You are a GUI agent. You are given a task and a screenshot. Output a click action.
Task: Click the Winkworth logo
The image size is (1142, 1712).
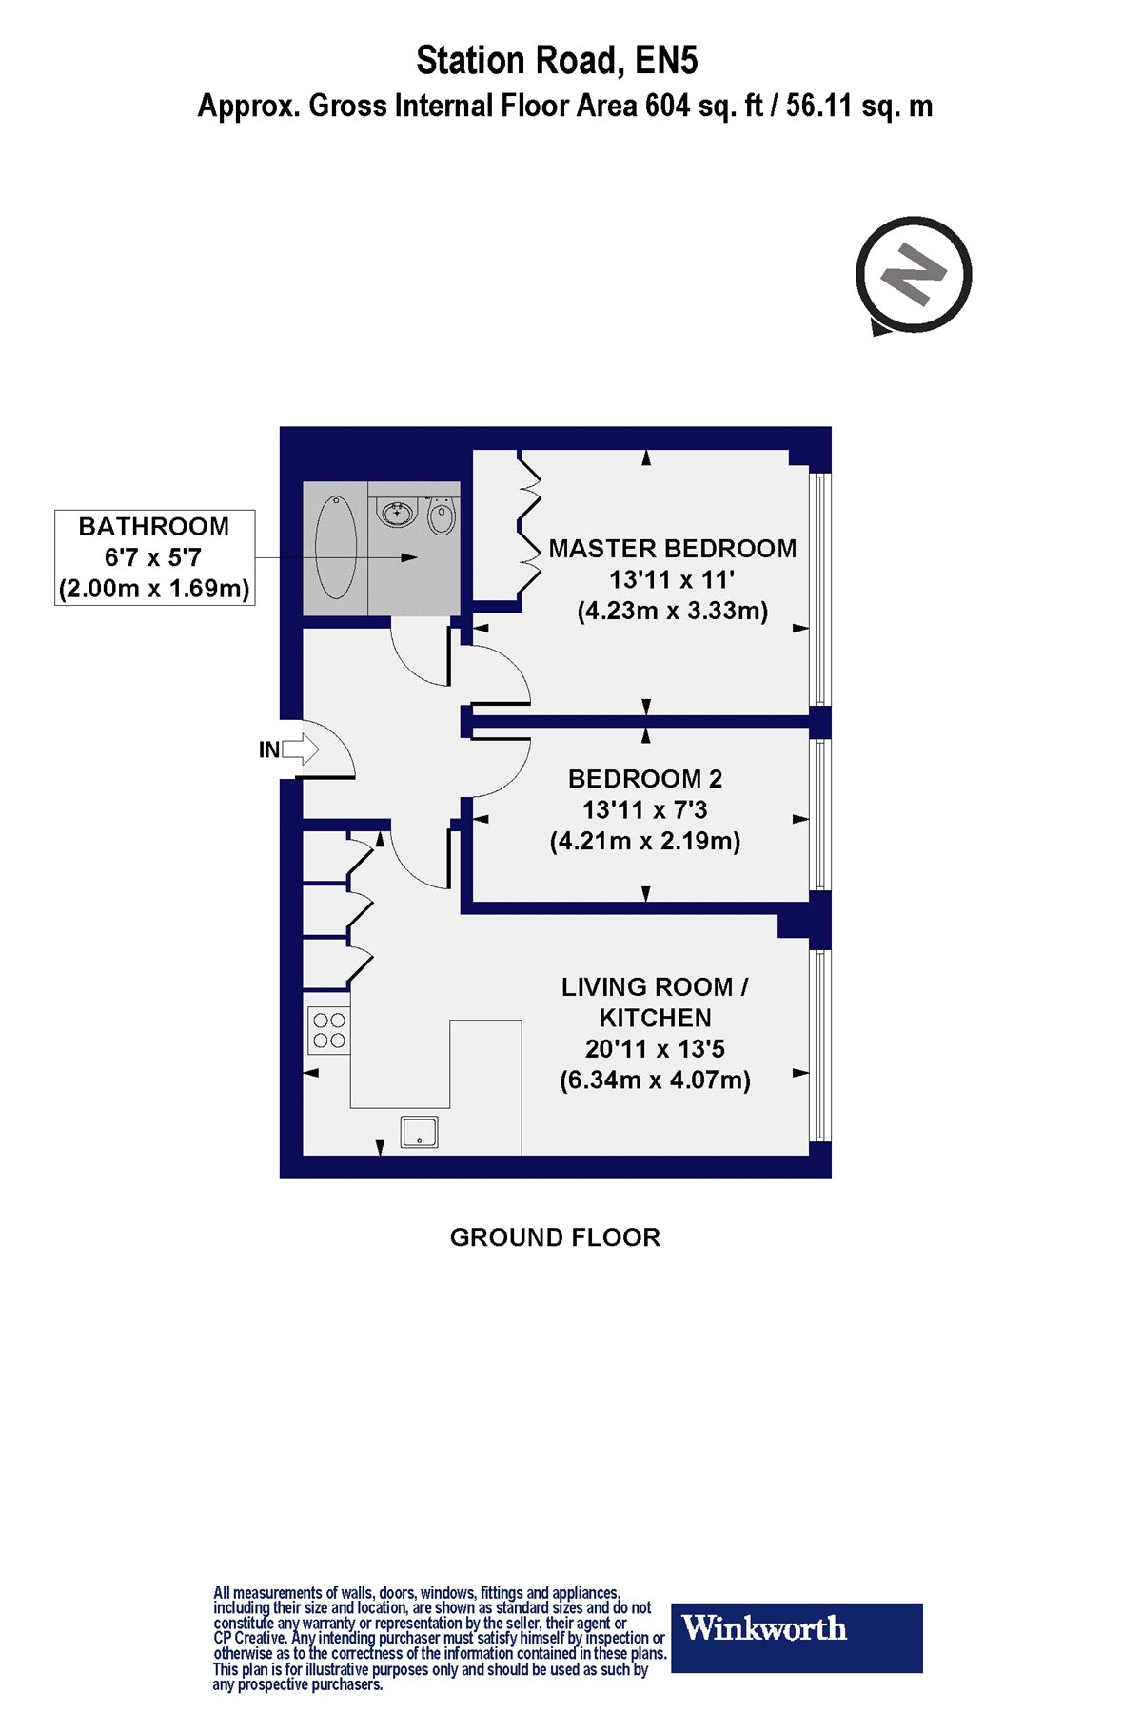coord(797,1638)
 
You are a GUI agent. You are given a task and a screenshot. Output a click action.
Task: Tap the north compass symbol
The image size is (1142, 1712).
coord(914,275)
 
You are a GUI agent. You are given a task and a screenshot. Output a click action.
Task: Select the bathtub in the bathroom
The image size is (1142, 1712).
coord(336,547)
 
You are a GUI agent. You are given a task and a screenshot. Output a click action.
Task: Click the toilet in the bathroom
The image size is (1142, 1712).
coord(441,515)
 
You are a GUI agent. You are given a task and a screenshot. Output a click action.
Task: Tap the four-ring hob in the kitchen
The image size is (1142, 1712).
coord(328,1030)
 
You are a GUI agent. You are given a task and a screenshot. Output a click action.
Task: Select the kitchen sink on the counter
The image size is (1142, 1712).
coord(419,1132)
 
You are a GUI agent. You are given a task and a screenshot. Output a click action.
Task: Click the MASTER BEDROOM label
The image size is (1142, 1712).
coord(672,549)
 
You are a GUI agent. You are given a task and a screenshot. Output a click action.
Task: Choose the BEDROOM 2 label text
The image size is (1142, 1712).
coord(645,779)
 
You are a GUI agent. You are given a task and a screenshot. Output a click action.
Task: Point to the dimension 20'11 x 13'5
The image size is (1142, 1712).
coord(655,1049)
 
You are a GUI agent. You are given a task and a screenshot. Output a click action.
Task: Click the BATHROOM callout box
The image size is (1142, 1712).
coord(154,557)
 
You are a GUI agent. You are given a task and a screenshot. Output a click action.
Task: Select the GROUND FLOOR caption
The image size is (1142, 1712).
coord(555,1237)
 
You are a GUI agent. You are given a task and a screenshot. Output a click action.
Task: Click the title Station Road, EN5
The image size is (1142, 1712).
coord(557,61)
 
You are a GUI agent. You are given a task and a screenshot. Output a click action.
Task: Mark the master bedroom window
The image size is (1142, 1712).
coord(820,589)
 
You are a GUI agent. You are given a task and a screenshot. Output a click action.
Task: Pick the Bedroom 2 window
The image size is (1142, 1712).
coord(820,815)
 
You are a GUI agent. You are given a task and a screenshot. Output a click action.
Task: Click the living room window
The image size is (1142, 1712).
coord(820,1044)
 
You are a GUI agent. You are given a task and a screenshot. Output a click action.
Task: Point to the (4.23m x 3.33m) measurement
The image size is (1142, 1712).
coord(672,611)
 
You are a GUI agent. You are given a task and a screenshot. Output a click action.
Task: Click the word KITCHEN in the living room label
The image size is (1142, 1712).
coord(655,1018)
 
